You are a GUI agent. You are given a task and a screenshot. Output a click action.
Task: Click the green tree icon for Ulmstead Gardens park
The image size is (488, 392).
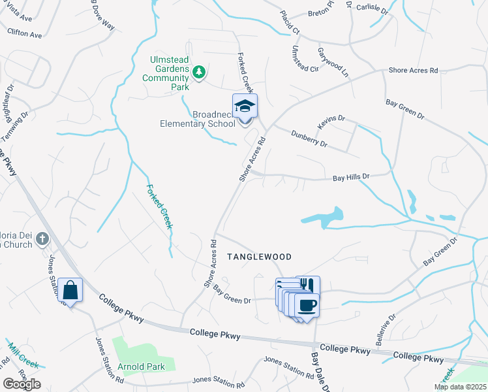click(x=198, y=73)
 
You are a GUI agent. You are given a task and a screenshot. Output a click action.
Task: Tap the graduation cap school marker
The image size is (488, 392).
click(x=245, y=106)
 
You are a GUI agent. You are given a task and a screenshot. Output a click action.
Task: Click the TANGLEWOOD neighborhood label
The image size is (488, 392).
click(x=259, y=257)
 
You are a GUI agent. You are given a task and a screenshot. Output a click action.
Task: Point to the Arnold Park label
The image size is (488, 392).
click(x=141, y=367)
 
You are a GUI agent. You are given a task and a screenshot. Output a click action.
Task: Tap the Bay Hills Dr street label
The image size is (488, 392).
click(x=351, y=177)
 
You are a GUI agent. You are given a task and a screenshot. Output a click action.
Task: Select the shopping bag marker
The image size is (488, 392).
click(x=70, y=289)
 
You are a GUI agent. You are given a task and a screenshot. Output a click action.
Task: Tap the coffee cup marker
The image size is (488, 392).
click(x=307, y=305)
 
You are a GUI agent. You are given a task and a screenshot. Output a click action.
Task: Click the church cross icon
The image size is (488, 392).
click(x=42, y=238)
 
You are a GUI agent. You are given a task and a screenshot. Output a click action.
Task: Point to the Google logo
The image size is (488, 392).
click(x=22, y=384)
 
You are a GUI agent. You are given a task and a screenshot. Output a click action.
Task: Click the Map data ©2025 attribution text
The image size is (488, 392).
click(x=459, y=387)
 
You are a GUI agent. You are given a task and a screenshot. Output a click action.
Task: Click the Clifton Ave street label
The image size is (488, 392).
click(x=25, y=32)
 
